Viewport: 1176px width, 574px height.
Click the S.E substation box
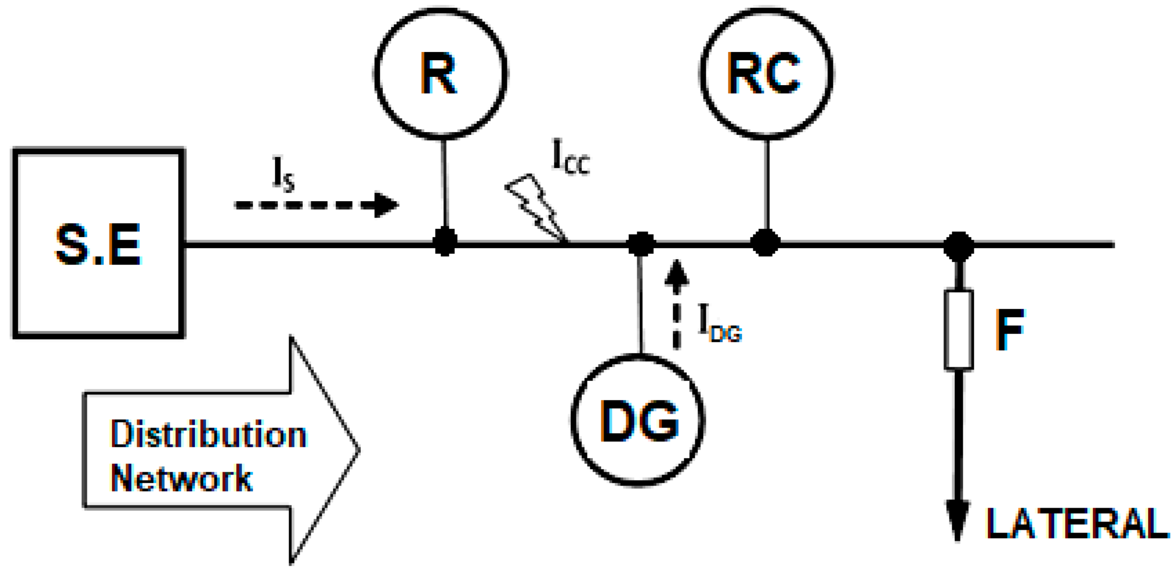point(99,243)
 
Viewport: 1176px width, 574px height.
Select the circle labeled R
point(440,73)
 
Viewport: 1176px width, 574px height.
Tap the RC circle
point(766,73)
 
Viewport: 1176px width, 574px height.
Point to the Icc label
point(570,157)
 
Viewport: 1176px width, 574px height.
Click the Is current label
point(283,173)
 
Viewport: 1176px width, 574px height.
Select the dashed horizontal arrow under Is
point(315,205)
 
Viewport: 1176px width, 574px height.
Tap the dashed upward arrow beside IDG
point(676,304)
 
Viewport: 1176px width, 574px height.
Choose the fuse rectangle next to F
point(958,329)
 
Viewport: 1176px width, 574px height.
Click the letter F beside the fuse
point(1009,329)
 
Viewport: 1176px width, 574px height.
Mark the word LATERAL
point(1077,523)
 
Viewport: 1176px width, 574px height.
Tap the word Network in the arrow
point(181,478)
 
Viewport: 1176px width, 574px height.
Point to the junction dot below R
point(445,242)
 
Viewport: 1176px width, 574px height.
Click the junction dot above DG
point(641,244)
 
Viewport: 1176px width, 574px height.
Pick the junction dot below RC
point(765,243)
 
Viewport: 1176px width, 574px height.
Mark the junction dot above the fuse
point(958,246)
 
